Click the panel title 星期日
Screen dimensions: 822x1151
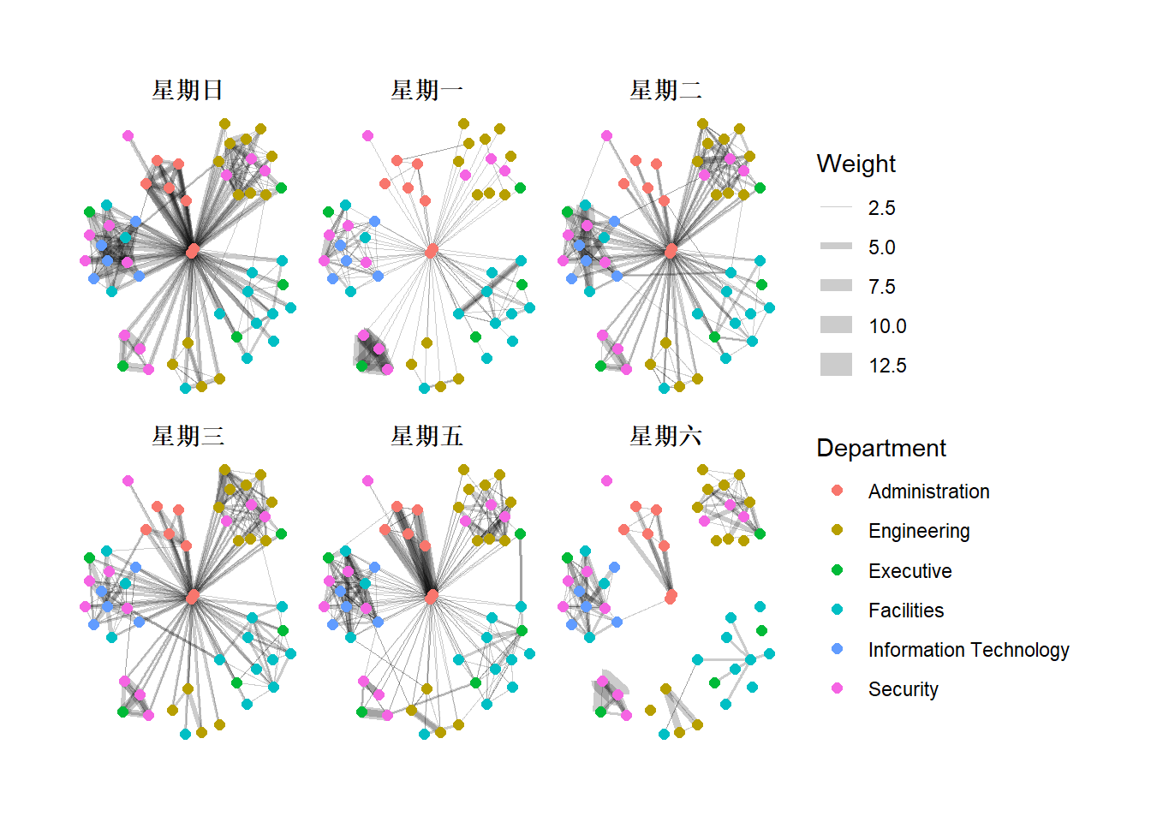click(x=188, y=90)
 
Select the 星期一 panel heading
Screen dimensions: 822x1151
click(x=426, y=90)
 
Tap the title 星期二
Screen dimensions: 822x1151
click(x=665, y=90)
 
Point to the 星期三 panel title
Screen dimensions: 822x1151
click(x=188, y=436)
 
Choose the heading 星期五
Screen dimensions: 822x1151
click(x=426, y=436)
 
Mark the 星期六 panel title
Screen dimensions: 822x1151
click(x=665, y=436)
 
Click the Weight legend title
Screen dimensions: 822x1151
click(x=856, y=164)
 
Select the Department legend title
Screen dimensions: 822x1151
click(x=880, y=448)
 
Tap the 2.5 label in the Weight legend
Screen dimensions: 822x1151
click(x=881, y=208)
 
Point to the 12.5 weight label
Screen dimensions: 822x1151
click(x=887, y=366)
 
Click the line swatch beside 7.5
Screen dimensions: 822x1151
click(x=836, y=286)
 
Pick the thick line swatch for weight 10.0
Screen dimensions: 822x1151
click(x=836, y=325)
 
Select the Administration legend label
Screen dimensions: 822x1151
click(x=928, y=491)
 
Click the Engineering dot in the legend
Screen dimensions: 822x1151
click(x=837, y=531)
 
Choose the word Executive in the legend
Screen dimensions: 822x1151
click(x=909, y=571)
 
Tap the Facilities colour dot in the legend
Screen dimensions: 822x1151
click(x=837, y=610)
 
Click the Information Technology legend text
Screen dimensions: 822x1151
click(x=968, y=650)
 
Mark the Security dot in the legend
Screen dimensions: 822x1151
click(x=837, y=688)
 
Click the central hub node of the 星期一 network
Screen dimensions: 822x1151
click(x=432, y=251)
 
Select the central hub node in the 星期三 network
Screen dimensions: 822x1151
click(x=193, y=596)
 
